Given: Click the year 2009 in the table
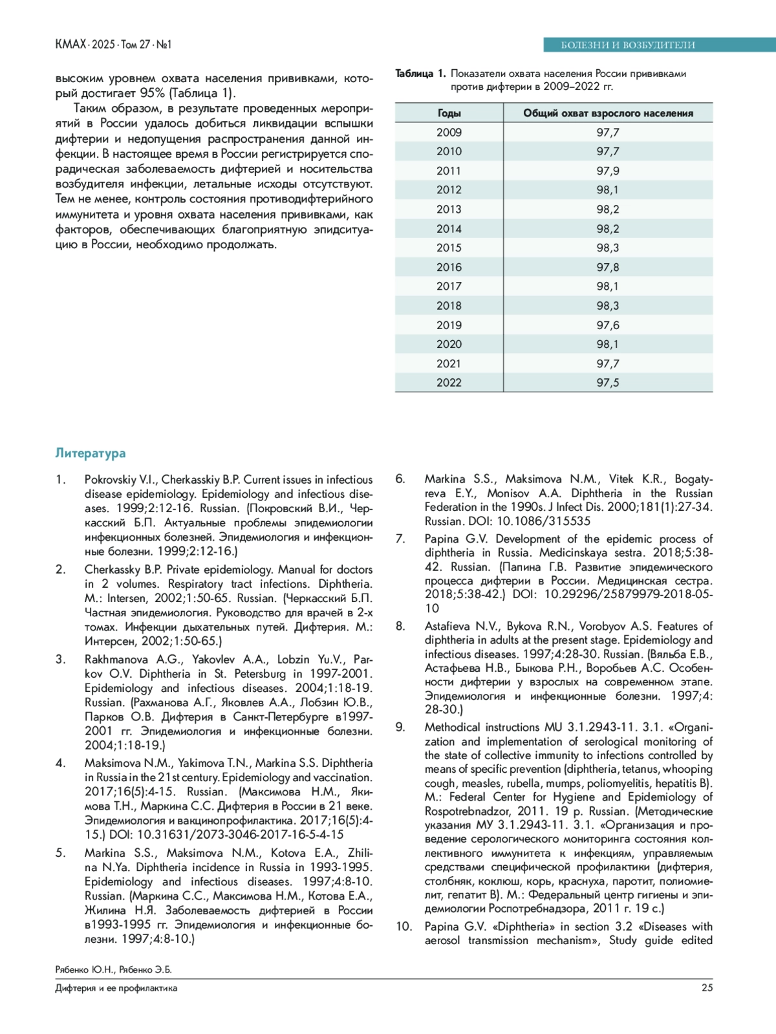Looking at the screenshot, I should click(x=449, y=132).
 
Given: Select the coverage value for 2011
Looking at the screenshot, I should click(x=608, y=171).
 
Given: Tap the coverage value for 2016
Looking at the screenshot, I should click(x=608, y=267).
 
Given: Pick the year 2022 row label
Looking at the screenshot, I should click(x=449, y=383).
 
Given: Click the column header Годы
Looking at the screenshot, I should click(x=449, y=113).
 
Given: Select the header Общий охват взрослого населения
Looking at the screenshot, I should click(x=608, y=113).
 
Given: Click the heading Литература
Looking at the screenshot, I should click(x=91, y=453).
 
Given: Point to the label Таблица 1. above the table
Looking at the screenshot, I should click(x=420, y=74).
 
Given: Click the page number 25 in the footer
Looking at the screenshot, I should click(x=707, y=987).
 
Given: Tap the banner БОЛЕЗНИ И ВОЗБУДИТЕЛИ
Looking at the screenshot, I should click(x=627, y=45).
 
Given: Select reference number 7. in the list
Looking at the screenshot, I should click(x=401, y=539).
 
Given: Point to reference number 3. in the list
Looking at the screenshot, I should click(x=61, y=660).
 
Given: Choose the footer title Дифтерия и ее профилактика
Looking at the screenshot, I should click(x=116, y=988).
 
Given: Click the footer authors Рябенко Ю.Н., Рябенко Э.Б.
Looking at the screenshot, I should click(x=114, y=969).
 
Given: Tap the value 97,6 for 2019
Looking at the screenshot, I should click(x=608, y=325).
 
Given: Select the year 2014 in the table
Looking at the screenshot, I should click(x=449, y=229).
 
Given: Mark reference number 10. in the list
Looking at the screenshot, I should click(x=404, y=927).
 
